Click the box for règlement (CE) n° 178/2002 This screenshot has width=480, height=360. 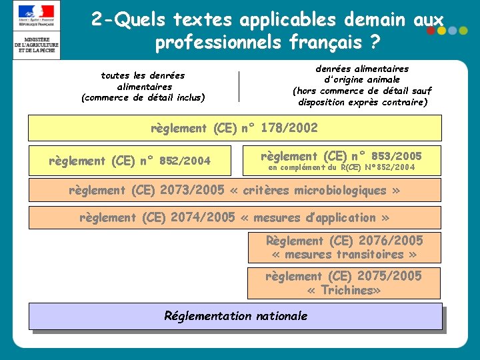coord(234,128)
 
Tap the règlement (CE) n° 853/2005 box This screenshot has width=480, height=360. coord(341,160)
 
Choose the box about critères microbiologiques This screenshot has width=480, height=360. coord(234,191)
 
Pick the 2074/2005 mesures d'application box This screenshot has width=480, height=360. coord(234,218)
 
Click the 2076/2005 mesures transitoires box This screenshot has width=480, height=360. coord(344,247)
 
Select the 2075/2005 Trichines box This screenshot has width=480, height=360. coord(344,283)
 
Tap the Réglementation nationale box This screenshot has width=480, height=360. coord(235,316)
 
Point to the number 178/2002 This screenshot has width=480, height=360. coord(289,128)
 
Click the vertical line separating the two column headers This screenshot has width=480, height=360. coord(239,86)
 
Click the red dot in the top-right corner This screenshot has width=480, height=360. coord(431,31)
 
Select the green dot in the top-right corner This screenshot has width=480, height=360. coord(442,31)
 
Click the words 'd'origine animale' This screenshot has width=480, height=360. coord(362,79)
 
